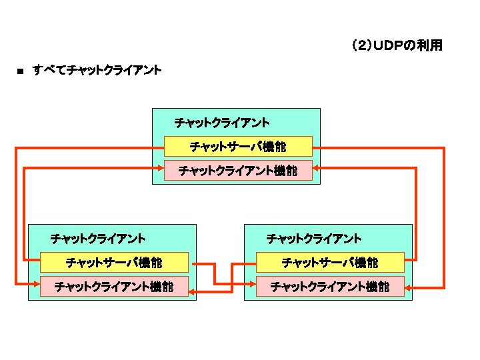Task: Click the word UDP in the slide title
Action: point(387,46)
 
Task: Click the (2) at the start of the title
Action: point(361,46)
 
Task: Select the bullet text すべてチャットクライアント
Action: point(97,69)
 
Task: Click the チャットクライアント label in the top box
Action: point(221,123)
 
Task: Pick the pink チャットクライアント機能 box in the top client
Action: point(238,171)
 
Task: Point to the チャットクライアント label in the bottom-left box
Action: point(98,238)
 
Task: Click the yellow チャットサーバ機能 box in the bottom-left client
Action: point(114,263)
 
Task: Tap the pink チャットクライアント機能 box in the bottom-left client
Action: point(114,287)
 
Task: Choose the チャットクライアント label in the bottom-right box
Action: point(313,238)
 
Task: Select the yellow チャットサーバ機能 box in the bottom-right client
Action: point(330,263)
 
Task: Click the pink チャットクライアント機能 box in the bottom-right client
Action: point(330,287)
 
